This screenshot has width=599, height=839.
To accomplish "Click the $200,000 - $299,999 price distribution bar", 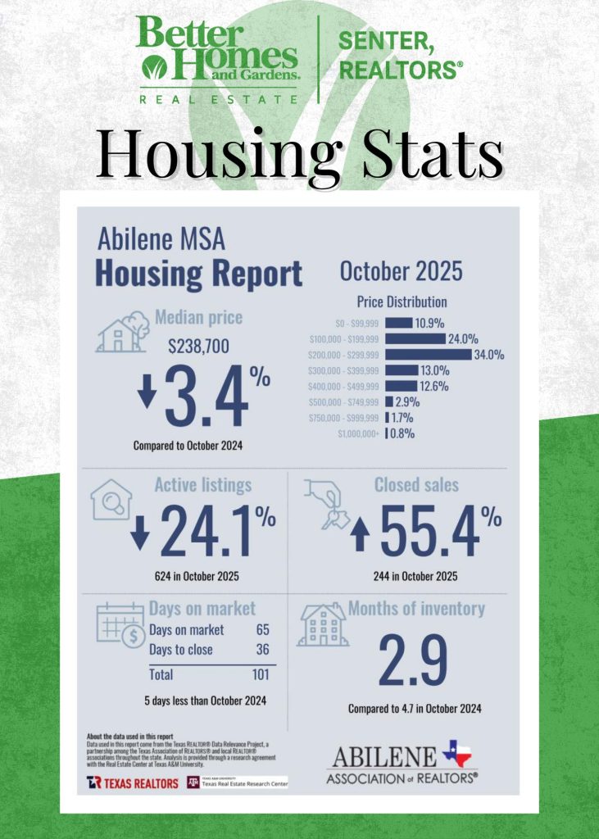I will (x=428, y=355).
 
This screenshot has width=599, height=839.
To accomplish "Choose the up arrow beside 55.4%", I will (x=361, y=535).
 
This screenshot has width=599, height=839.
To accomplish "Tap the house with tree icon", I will (x=123, y=331).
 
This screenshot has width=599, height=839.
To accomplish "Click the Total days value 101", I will (x=261, y=675).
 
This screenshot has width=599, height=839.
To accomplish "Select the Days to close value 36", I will (x=262, y=650).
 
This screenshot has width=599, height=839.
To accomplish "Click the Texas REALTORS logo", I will (x=132, y=783).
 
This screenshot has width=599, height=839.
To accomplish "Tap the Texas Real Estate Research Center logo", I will (x=237, y=782).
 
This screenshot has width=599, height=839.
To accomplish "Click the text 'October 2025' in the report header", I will (x=401, y=271).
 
